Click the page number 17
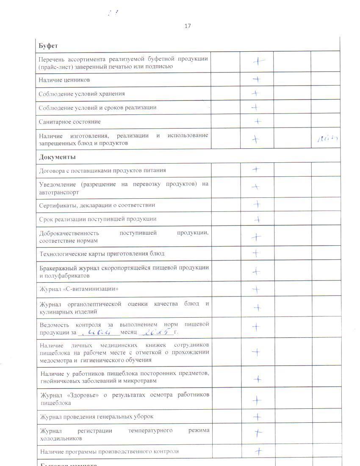(x=188, y=26)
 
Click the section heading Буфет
(x=48, y=45)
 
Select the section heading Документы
(x=57, y=157)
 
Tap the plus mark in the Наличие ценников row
(x=256, y=79)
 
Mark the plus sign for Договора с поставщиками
(x=256, y=169)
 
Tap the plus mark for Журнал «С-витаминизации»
(x=256, y=290)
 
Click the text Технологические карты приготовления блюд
(x=102, y=254)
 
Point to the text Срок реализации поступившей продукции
(x=97, y=219)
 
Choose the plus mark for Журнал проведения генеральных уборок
(x=257, y=417)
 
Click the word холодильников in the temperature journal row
(x=61, y=438)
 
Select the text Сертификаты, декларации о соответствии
(x=97, y=205)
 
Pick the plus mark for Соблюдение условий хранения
(x=255, y=93)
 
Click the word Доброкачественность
(x=69, y=233)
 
